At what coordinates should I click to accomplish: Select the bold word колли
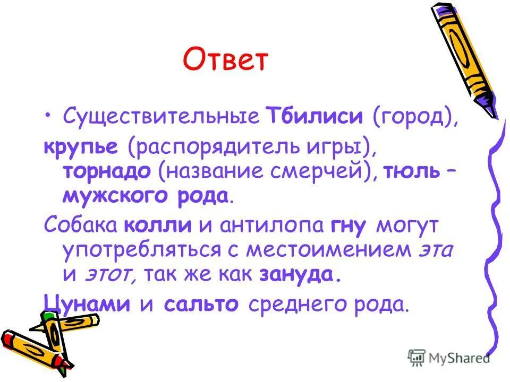[x=158, y=225]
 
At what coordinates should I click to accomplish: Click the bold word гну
[x=348, y=227]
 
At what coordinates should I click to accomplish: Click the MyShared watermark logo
[x=449, y=357]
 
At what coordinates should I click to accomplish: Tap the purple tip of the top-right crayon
[x=491, y=109]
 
